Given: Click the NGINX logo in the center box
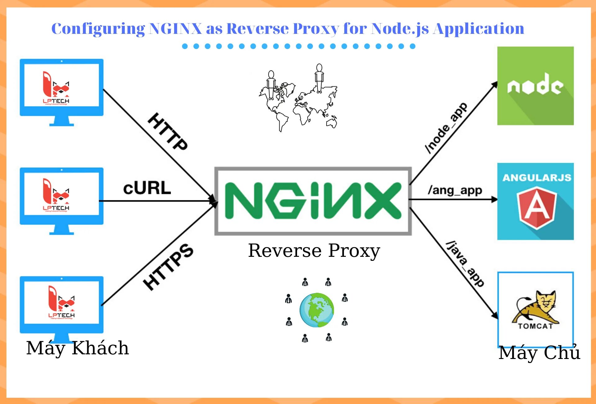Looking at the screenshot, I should [x=313, y=201].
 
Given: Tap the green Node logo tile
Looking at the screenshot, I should [x=535, y=86].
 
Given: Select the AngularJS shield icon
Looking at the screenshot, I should [x=537, y=207].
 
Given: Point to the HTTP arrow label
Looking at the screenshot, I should [x=168, y=132].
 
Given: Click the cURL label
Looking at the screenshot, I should [x=147, y=188].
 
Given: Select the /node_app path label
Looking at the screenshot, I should [x=446, y=128].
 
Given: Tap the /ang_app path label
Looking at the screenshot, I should [x=455, y=190].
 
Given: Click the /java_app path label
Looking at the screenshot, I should [x=465, y=264].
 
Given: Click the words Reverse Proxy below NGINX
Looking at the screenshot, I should [x=314, y=251].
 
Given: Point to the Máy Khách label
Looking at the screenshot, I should [x=77, y=348].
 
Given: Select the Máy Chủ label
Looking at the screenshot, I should [x=539, y=353].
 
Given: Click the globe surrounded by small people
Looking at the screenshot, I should [x=317, y=310].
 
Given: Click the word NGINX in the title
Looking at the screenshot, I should [x=175, y=29].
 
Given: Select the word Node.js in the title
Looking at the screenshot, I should [x=400, y=29].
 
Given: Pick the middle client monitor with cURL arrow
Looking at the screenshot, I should [x=61, y=199].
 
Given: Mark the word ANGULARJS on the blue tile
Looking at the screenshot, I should [x=537, y=178].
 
